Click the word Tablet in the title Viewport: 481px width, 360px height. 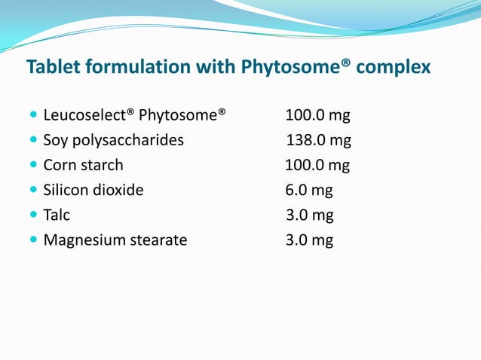tap(54, 67)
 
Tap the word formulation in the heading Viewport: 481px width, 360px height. tap(138, 67)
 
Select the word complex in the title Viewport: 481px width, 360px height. tap(393, 68)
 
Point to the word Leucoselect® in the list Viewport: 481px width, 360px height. tap(88, 116)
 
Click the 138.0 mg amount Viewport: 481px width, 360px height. tap(318, 140)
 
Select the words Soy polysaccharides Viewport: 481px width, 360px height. tap(113, 141)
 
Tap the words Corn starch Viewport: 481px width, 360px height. tap(83, 165)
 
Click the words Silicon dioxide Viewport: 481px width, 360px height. tap(93, 190)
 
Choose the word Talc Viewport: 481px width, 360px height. tap(57, 215)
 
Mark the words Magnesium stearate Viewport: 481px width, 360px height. tap(115, 240)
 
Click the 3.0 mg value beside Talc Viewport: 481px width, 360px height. tap(309, 215)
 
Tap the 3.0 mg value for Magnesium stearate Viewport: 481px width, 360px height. tap(309, 240)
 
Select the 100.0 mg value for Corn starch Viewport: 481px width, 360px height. tap(317, 165)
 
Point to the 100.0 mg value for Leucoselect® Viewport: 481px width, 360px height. tap(317, 116)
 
